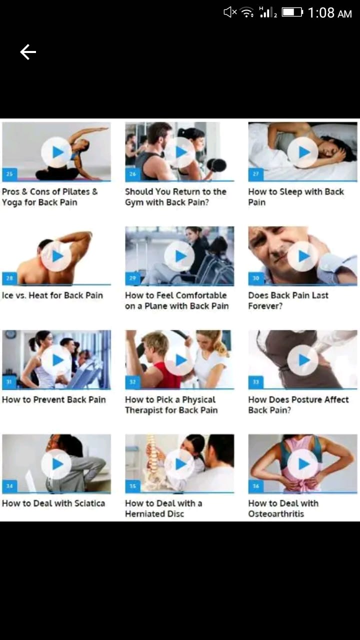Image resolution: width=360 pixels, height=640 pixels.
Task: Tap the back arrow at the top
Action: tap(28, 52)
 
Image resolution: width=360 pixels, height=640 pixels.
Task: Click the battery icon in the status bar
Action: tap(292, 12)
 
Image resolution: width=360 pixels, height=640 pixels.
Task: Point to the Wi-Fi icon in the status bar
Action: tap(247, 12)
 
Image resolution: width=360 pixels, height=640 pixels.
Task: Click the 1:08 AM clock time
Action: tap(329, 13)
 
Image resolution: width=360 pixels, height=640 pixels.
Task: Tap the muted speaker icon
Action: tap(230, 12)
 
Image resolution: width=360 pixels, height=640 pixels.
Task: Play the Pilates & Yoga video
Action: tap(56, 152)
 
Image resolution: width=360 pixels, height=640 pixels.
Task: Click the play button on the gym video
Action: tap(179, 152)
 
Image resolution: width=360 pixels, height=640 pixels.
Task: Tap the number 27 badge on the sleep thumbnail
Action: tap(255, 173)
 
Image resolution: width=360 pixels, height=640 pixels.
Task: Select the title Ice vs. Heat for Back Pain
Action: tap(52, 295)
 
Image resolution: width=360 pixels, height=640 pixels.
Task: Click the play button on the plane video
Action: tap(179, 256)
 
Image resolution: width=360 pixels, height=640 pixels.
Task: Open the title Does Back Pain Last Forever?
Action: tap(288, 300)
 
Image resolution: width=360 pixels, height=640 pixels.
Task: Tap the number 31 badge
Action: tap(9, 381)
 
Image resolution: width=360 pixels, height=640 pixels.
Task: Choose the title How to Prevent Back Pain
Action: tap(53, 399)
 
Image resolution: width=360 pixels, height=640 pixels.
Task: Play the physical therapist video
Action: tap(179, 360)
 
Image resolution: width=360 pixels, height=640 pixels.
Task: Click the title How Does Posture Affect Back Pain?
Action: tap(298, 404)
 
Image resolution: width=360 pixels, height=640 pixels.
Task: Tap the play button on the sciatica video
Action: tap(56, 464)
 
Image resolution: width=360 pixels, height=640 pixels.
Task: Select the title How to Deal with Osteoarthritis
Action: tap(283, 508)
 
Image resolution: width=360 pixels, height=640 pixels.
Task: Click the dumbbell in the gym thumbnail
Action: tap(216, 165)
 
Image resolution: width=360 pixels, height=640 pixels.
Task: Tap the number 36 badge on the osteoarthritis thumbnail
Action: tap(255, 485)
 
